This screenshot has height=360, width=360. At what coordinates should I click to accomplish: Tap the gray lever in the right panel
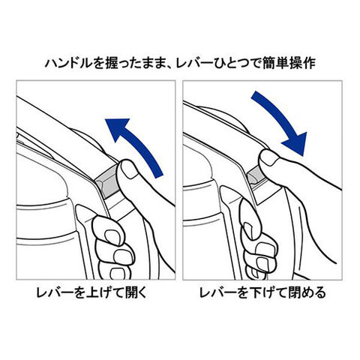[x=256, y=176]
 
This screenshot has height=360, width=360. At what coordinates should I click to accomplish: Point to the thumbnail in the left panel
[x=129, y=169]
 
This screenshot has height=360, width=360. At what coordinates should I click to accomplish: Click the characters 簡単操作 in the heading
[x=289, y=63]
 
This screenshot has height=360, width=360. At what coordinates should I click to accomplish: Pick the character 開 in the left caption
[x=132, y=292]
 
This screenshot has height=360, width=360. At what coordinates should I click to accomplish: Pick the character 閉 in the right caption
[x=295, y=292]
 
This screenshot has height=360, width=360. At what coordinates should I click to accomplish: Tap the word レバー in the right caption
[x=217, y=292]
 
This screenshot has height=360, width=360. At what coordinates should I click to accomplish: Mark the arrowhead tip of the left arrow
[x=105, y=119]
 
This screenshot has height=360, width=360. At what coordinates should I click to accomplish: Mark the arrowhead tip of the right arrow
[x=304, y=156]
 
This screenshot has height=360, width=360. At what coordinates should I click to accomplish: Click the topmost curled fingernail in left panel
[x=110, y=235]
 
